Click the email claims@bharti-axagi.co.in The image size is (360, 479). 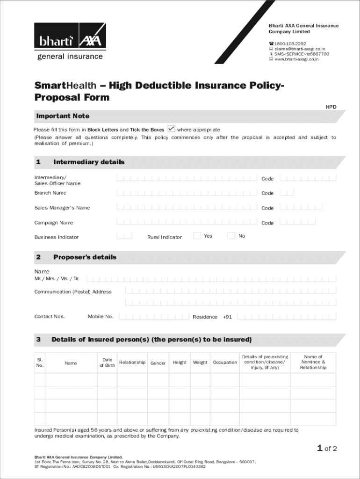pos(299,49)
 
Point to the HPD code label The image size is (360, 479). pos(331,107)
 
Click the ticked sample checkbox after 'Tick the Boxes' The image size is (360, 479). pos(171,129)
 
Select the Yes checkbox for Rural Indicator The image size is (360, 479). pos(197,236)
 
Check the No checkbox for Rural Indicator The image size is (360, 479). pos(231,236)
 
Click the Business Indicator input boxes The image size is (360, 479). pos(124,236)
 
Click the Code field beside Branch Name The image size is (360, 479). pos(287,192)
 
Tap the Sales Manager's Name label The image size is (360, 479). pos(62,208)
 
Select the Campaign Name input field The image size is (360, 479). pos(187,222)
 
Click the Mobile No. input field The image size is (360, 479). pos(154,317)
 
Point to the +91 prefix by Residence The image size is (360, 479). pos(227,317)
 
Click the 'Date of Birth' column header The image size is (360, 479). pos(107,363)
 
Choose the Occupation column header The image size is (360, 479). pos(225,363)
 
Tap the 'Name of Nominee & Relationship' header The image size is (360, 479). pos(313,362)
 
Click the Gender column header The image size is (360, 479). pos(158,363)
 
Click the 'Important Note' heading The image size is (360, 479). pos(63,116)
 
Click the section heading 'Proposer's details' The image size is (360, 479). pos(85,257)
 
